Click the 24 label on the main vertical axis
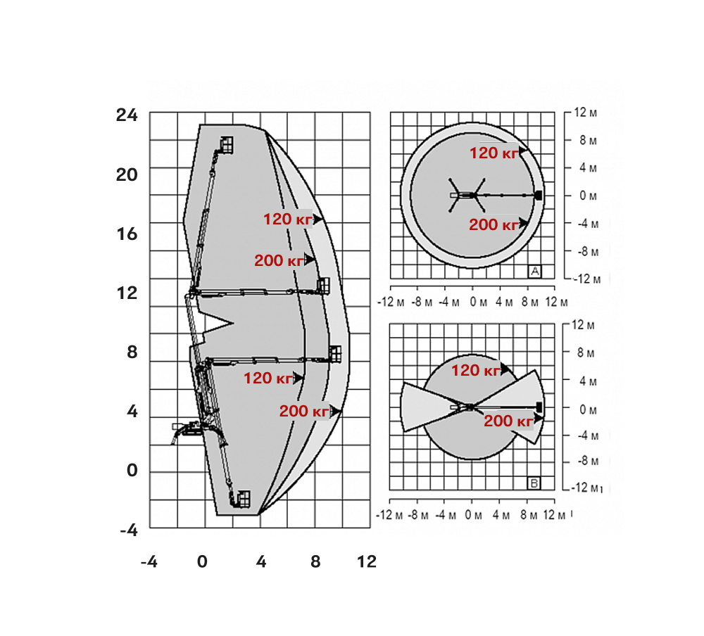click(127, 115)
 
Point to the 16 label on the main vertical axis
click(127, 234)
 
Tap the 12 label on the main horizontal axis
click(366, 561)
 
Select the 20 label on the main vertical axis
click(127, 174)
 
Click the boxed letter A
click(535, 272)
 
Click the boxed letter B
click(534, 483)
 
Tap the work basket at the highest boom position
click(227, 145)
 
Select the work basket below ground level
click(244, 499)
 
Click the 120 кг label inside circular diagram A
click(494, 153)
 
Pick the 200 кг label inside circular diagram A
click(494, 224)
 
